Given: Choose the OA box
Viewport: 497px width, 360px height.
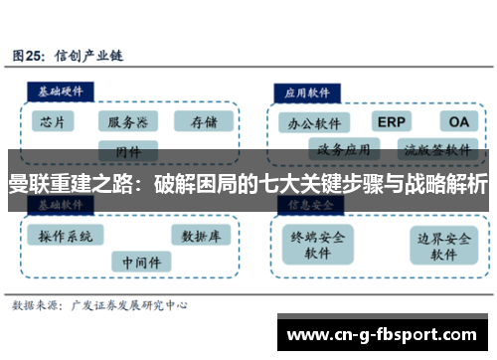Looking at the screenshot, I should (458, 121).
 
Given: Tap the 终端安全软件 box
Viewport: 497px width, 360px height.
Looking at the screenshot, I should (317, 245).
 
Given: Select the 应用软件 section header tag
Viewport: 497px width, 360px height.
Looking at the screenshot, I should (309, 90).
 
